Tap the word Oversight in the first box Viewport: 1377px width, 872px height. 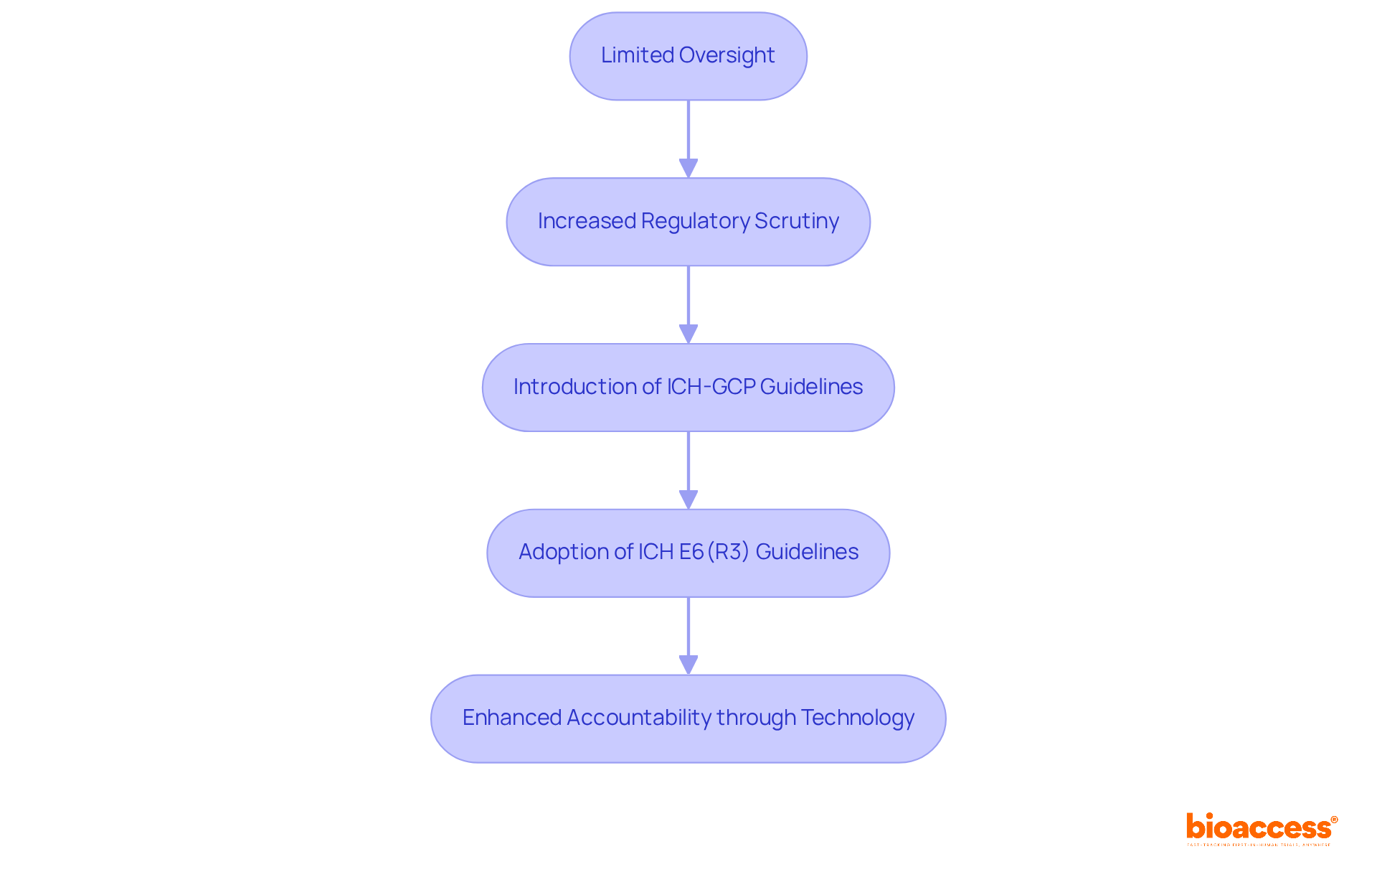pyautogui.click(x=727, y=55)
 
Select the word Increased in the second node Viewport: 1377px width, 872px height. pyautogui.click(x=586, y=221)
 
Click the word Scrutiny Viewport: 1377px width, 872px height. pyautogui.click(x=796, y=221)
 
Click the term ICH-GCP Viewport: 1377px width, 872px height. pyautogui.click(x=711, y=387)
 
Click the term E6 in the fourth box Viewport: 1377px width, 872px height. pyautogui.click(x=691, y=552)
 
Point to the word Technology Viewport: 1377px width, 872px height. pyautogui.click(x=857, y=718)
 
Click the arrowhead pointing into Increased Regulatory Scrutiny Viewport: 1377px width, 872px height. pyautogui.click(x=688, y=169)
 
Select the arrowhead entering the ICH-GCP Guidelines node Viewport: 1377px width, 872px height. pyautogui.click(x=688, y=334)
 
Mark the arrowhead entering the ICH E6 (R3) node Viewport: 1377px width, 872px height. pyautogui.click(x=688, y=500)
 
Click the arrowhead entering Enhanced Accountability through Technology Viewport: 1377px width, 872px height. pyautogui.click(x=688, y=665)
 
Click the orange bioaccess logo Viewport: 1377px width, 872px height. pyautogui.click(x=1258, y=828)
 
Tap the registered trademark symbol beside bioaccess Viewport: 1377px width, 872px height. pyautogui.click(x=1334, y=820)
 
